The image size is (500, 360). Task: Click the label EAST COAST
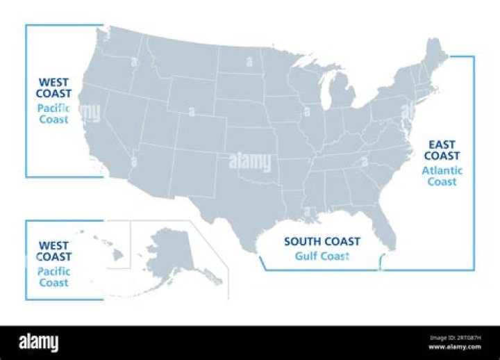(442, 149)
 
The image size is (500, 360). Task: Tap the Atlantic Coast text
(442, 176)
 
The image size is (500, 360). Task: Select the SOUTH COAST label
(322, 242)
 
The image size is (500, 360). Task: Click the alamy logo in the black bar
(39, 343)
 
